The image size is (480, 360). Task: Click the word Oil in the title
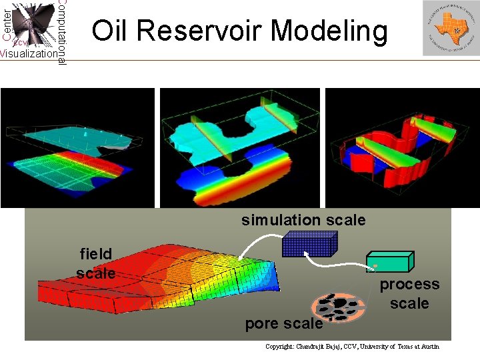(111, 31)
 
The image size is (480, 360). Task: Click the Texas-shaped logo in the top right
(450, 28)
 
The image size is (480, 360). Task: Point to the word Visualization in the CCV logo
(29, 54)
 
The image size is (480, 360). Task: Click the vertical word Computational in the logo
(61, 32)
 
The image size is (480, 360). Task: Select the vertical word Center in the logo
(6, 22)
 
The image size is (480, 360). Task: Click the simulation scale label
(303, 220)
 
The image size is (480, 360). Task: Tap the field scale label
(96, 263)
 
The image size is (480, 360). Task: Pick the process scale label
(409, 293)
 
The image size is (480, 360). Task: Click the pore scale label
(284, 324)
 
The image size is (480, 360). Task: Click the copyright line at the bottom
(353, 347)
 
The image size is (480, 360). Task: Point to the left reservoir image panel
(77, 147)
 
